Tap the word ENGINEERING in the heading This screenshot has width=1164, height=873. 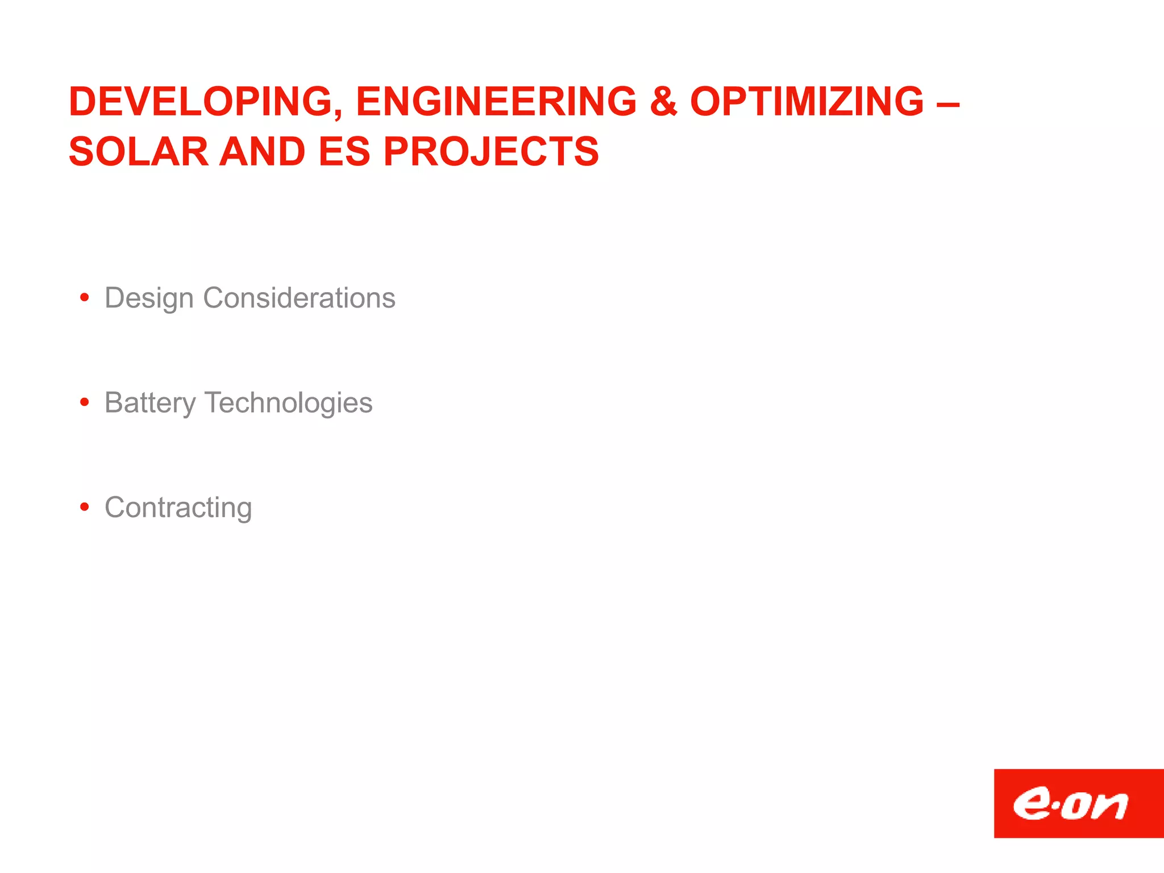tap(496, 102)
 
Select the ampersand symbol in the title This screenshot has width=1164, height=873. tap(663, 102)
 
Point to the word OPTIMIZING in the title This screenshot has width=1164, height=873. tap(807, 102)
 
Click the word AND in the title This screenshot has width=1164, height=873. tap(263, 152)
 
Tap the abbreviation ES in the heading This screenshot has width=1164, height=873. tap(344, 152)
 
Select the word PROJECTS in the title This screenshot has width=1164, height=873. tap(491, 152)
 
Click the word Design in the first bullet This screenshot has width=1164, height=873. tap(149, 298)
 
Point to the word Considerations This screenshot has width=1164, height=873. tap(299, 298)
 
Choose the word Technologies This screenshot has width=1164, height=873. tap(289, 403)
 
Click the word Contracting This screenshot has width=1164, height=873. tap(178, 508)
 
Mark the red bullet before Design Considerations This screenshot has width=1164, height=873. tap(85, 297)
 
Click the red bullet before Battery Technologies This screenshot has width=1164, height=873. tap(85, 402)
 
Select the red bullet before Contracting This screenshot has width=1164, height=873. tap(85, 506)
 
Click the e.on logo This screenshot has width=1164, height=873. tap(1078, 803)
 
